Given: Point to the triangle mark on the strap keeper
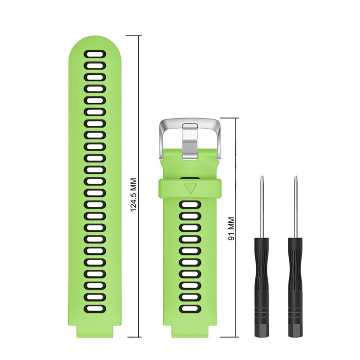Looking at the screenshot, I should click(x=190, y=187).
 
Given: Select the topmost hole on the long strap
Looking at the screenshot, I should click(x=95, y=54).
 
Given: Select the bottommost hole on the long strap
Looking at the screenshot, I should click(x=95, y=307).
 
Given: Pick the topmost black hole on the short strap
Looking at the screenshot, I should click(x=190, y=205).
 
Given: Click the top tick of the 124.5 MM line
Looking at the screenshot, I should click(x=140, y=36).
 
